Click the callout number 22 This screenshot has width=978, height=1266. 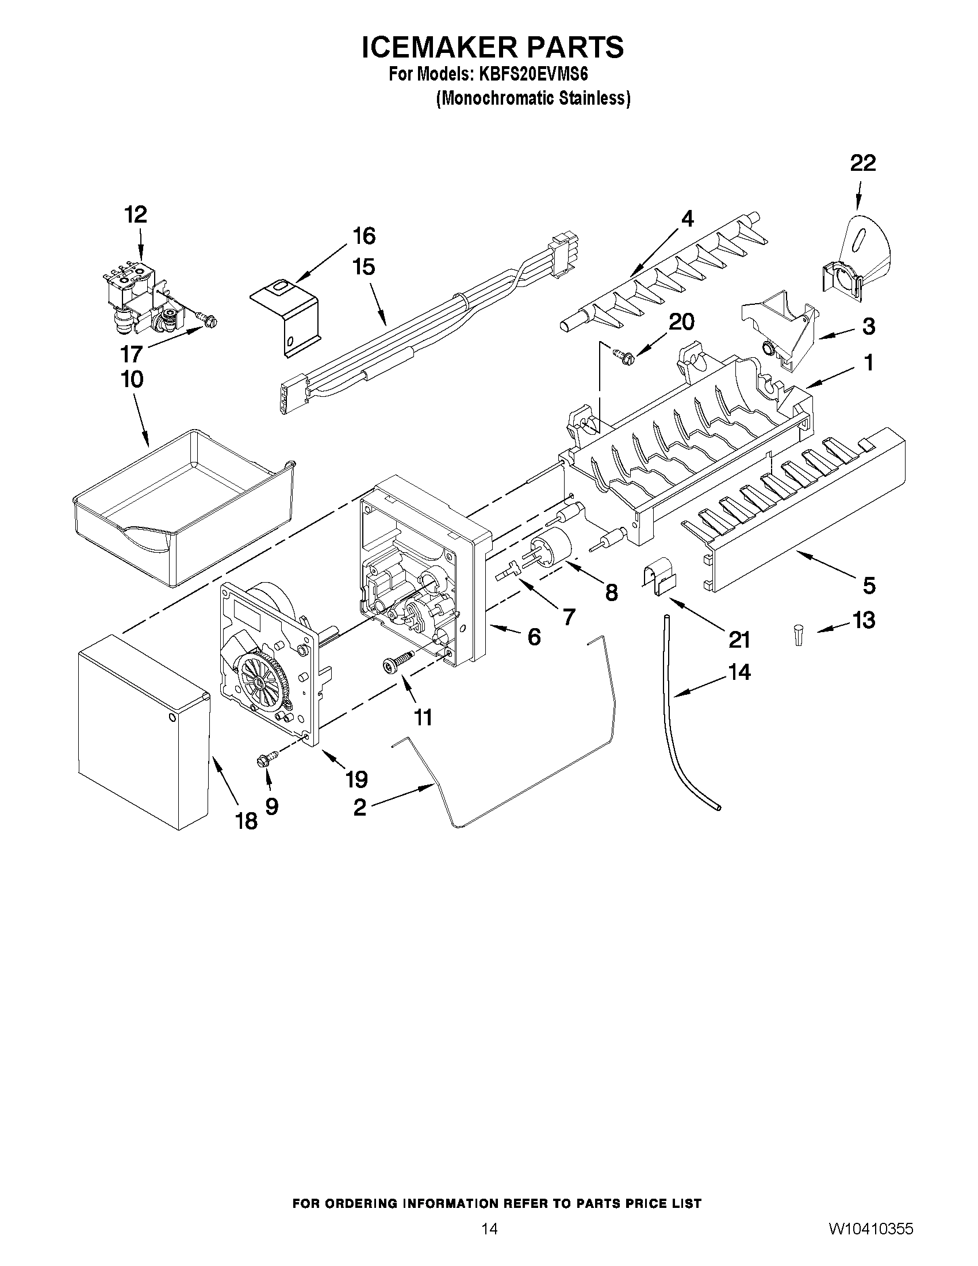(862, 163)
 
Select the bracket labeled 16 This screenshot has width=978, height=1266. (286, 318)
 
